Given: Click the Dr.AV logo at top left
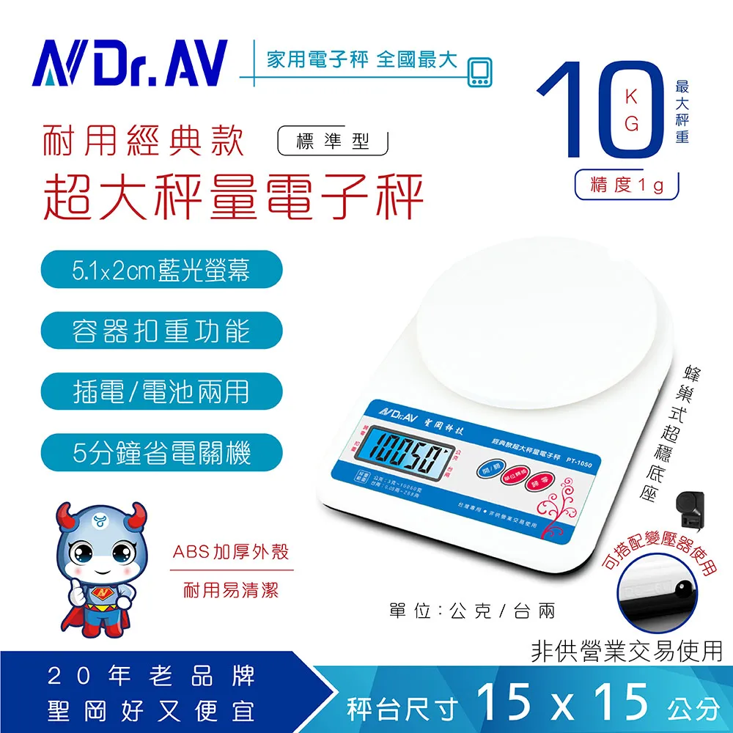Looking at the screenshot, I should click(x=131, y=62).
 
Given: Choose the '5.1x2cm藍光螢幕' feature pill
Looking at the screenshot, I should click(x=161, y=270).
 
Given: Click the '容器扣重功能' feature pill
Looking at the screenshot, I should click(x=161, y=331).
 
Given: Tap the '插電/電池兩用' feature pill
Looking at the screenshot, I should click(x=161, y=392).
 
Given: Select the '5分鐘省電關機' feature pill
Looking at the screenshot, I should click(x=161, y=453).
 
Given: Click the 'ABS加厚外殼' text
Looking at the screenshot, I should click(x=230, y=553).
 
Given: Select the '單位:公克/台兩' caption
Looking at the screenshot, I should click(x=472, y=611).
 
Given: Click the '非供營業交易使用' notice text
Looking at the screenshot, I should click(x=626, y=650).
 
